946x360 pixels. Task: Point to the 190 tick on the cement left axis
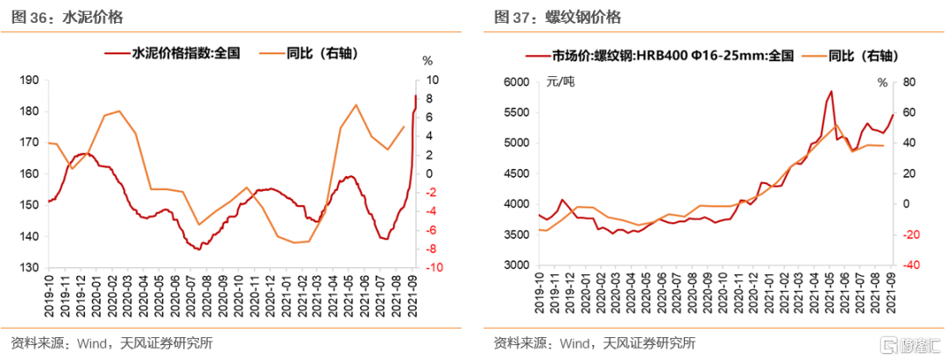coord(28,81)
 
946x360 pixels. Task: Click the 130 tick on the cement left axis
coord(28,268)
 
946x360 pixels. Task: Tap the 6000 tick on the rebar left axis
coord(518,81)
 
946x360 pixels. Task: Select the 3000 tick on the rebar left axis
coord(518,265)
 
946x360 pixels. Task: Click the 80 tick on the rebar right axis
coord(907,81)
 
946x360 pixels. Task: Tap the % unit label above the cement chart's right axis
coord(427,61)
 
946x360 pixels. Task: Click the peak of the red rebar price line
coord(830,91)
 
